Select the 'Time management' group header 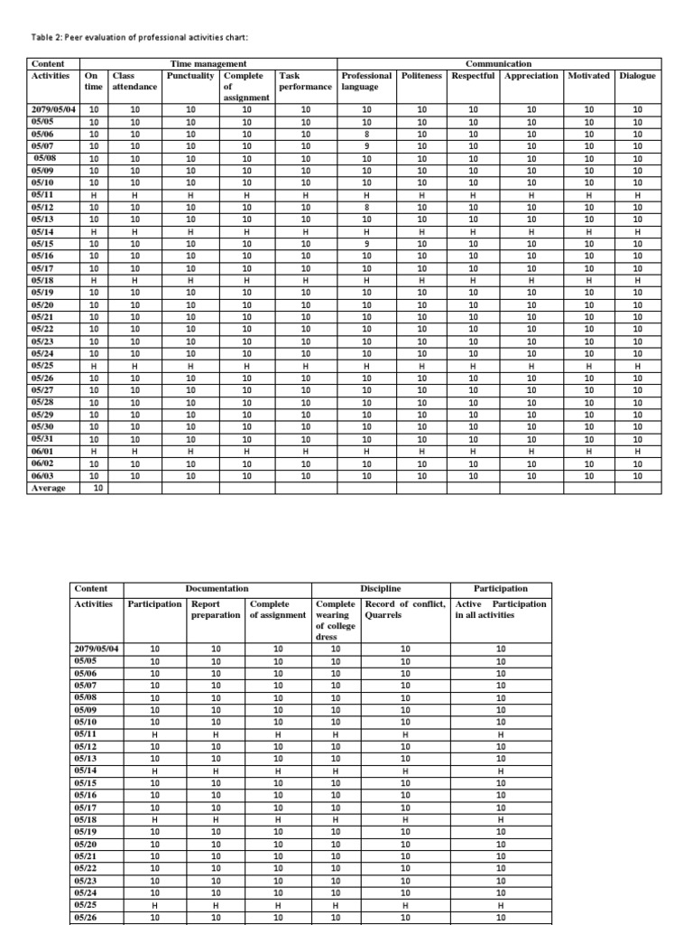(x=209, y=64)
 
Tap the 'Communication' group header (x=498, y=64)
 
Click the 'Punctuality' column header (x=191, y=76)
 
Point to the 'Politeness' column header (x=421, y=76)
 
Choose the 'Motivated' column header (x=589, y=76)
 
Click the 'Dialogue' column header (x=638, y=76)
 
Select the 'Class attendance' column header (x=134, y=81)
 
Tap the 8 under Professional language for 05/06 (x=366, y=134)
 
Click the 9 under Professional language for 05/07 (x=366, y=145)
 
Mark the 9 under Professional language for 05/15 (x=366, y=242)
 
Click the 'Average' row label (x=49, y=488)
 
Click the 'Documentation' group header (x=217, y=589)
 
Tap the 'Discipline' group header (x=380, y=589)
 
